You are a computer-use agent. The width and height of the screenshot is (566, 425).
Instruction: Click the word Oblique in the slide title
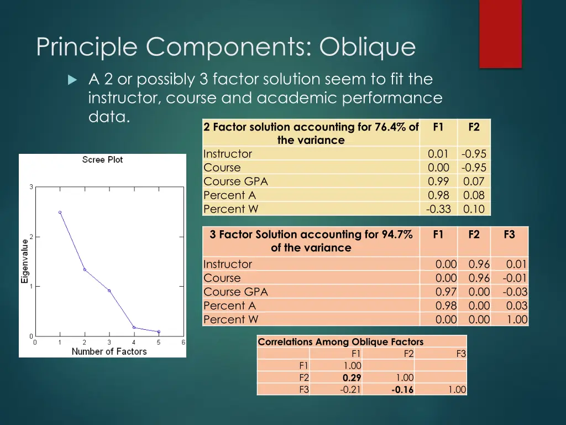tap(367, 47)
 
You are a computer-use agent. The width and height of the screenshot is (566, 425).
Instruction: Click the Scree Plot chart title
tap(102, 160)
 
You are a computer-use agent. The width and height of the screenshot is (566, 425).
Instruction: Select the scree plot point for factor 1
tap(60, 212)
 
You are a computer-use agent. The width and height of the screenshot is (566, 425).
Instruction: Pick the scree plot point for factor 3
tap(109, 291)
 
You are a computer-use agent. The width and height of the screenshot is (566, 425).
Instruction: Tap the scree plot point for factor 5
tap(159, 331)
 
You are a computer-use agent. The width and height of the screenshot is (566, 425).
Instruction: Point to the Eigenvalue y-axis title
tap(25, 261)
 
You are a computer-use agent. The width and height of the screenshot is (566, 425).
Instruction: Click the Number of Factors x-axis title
tap(109, 351)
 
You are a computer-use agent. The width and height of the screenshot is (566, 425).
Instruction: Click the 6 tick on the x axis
tap(184, 343)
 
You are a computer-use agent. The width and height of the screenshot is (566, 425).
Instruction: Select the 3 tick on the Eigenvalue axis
tap(31, 187)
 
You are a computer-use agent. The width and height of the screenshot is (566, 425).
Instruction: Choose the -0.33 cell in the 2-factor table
tap(439, 209)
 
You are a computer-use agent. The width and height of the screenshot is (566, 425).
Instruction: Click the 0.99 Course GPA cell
tap(439, 182)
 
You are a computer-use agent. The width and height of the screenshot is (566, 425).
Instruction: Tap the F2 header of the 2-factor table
tap(474, 127)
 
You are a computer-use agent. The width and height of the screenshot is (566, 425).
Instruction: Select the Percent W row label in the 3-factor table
tap(231, 319)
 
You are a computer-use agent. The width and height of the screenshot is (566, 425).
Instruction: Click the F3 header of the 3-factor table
tap(509, 234)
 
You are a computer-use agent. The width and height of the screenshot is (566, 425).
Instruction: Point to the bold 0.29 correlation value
tap(352, 377)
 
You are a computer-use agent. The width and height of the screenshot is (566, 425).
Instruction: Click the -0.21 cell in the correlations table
tap(350, 390)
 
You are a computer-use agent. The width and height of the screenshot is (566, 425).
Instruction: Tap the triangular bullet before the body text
tap(71, 80)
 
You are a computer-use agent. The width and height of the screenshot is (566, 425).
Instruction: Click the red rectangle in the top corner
tap(500, 33)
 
